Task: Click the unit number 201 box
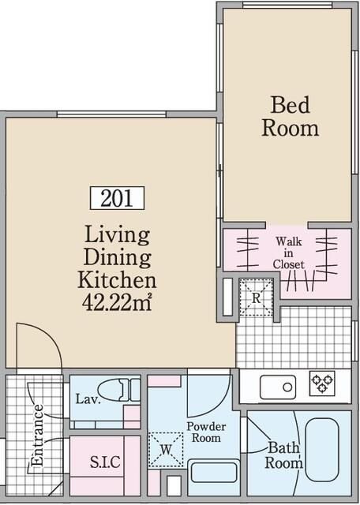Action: point(117,198)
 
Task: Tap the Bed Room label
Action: point(290,117)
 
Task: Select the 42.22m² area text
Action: point(117,303)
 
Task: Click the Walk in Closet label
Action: point(288,252)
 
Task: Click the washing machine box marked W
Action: point(166,450)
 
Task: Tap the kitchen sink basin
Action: point(278,387)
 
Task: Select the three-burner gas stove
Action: point(322,383)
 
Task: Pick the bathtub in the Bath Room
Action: point(322,450)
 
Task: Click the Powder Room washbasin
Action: point(214,472)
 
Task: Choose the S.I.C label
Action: point(105,462)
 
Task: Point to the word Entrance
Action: point(37,435)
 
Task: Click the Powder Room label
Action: point(206,432)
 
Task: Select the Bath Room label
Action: point(283,455)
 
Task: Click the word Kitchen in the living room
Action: point(117,280)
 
